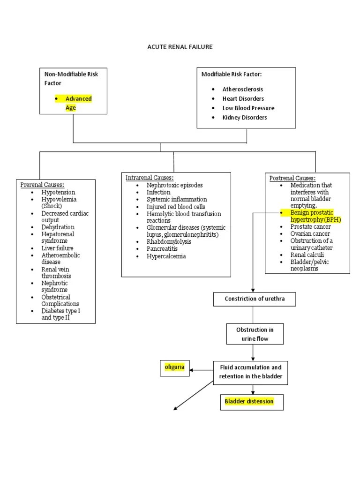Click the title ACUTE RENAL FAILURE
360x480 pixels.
(x=180, y=47)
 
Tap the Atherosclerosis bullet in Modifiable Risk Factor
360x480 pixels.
(x=242, y=89)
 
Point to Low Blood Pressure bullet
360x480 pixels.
(x=248, y=108)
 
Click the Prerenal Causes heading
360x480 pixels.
(x=42, y=185)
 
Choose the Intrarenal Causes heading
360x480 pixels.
(x=150, y=178)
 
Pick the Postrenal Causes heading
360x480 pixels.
(x=292, y=178)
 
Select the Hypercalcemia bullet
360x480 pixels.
(x=166, y=256)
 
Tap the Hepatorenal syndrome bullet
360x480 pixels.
(x=58, y=237)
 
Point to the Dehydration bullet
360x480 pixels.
(x=58, y=227)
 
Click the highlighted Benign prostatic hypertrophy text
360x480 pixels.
(x=313, y=216)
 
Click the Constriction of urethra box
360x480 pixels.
(x=254, y=299)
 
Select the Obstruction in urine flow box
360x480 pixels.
(x=255, y=334)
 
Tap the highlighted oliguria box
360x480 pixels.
(x=174, y=367)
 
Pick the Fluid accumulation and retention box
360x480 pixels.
(x=250, y=372)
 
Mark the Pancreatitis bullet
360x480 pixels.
(x=162, y=249)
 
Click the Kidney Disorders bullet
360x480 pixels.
(x=244, y=117)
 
